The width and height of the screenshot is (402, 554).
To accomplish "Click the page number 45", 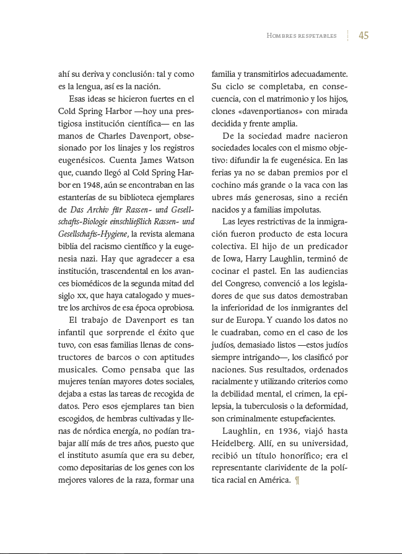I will [x=364, y=35].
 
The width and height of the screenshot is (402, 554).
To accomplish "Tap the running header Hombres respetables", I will [x=302, y=36].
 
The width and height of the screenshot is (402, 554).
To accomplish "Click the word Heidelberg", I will [x=234, y=443].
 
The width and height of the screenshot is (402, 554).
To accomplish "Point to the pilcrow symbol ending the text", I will [x=298, y=480].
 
